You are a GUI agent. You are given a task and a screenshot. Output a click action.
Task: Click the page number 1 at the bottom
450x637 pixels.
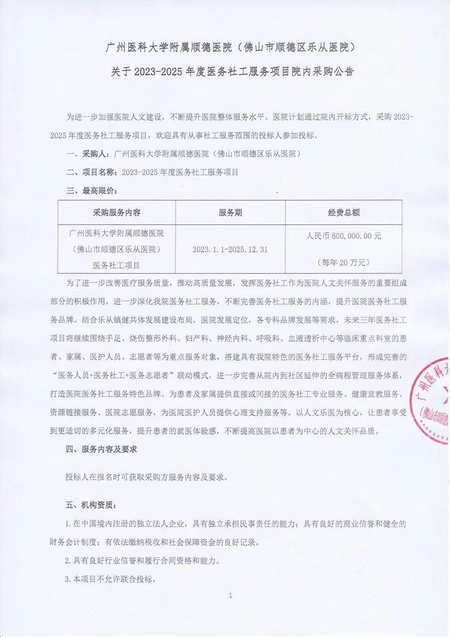pos(230,595)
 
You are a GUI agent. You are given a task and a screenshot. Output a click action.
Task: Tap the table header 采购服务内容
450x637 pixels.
pos(117,212)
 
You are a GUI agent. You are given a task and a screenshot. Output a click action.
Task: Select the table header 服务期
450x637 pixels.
pos(230,212)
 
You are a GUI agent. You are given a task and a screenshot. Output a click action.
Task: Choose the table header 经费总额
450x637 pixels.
pos(344,212)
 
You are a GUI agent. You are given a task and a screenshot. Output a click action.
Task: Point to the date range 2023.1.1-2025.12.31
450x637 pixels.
pos(230,249)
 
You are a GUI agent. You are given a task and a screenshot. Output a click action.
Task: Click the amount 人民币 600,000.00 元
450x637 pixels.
pos(344,236)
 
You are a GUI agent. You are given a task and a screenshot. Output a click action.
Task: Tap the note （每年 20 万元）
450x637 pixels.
pos(344,262)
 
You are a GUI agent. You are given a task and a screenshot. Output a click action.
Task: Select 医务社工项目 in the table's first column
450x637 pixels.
pos(117,265)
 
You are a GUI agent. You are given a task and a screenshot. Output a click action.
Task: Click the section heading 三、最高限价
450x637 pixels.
pos(92,191)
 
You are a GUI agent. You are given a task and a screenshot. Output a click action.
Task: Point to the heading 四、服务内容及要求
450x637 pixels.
pos(101,449)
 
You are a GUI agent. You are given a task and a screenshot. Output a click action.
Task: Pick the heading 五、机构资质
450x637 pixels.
pos(92,505)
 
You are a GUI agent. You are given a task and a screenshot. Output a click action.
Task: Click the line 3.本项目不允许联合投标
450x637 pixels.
pos(111,579)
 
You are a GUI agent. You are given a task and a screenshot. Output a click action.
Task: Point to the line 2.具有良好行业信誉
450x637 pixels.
pos(142,560)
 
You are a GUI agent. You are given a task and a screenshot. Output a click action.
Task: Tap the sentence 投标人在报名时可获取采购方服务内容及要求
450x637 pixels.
pos(147,477)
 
